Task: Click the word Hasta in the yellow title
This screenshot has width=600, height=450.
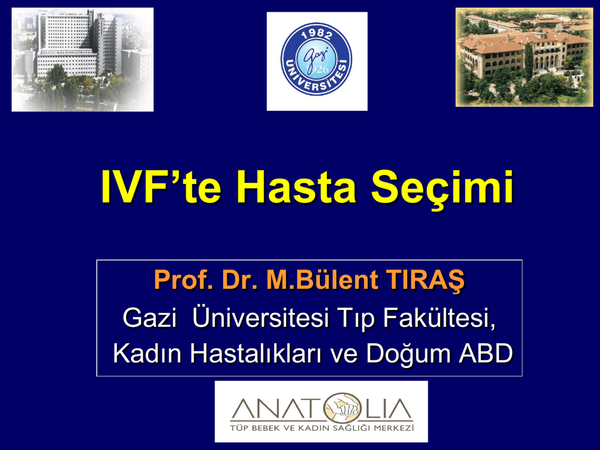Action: point(296,187)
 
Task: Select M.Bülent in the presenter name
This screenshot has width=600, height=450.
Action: point(323,279)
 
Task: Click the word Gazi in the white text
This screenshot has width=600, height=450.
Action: point(149,317)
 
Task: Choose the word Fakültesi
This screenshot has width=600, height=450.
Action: point(439,318)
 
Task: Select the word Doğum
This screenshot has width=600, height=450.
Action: point(408,354)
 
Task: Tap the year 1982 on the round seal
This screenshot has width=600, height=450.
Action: point(317,35)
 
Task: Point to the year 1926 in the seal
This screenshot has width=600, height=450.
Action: point(317,69)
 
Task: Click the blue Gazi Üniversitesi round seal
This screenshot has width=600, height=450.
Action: point(316,59)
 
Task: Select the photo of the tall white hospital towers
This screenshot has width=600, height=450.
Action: point(83,60)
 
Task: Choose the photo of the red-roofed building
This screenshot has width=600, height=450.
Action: point(524,57)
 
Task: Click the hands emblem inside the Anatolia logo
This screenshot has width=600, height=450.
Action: point(342,408)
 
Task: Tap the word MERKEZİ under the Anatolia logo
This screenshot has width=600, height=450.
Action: point(394,428)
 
